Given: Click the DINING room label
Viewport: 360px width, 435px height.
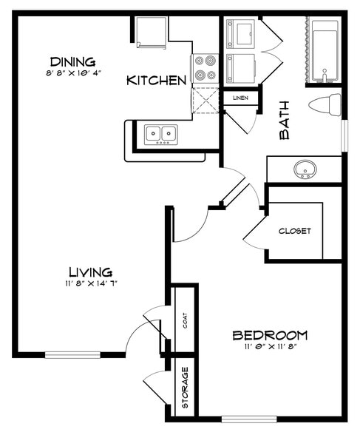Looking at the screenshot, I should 72,61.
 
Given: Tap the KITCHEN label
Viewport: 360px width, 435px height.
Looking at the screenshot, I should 156,80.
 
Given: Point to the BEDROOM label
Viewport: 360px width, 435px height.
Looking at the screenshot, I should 270,335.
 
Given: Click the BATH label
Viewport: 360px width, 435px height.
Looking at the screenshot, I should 285,120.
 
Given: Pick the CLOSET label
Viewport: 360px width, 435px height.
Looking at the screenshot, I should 294,231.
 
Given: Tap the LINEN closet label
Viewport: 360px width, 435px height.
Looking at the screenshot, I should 240,98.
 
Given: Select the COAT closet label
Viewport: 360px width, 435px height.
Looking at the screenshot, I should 184,320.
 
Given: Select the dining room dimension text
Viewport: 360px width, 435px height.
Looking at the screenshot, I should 72,72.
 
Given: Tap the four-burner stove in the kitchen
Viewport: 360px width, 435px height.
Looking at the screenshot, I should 205,68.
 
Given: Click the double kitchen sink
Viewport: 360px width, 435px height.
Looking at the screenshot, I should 161,134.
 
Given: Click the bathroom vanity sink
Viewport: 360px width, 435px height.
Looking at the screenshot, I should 304,170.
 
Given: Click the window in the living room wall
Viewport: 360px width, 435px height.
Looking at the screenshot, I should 72,355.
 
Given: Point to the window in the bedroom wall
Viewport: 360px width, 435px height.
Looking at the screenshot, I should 249,419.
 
